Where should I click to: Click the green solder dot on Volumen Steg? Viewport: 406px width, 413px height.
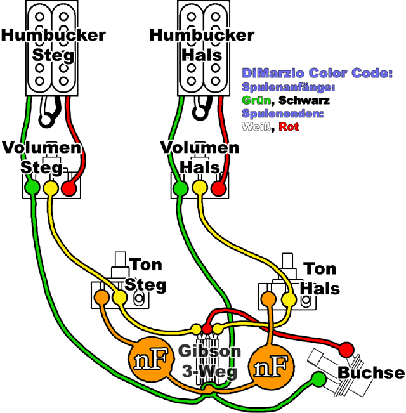click(30, 188)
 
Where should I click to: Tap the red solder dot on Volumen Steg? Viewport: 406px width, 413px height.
click(69, 188)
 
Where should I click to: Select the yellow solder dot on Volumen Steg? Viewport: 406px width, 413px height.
click(49, 188)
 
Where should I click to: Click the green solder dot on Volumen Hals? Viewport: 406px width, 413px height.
click(180, 188)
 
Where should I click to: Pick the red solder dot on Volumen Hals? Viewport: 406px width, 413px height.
click(219, 188)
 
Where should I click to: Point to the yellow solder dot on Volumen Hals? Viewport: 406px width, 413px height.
click(199, 188)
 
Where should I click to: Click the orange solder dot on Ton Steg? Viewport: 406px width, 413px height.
click(101, 296)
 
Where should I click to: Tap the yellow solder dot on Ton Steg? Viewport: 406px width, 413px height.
click(119, 296)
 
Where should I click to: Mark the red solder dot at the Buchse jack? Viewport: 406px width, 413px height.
click(346, 349)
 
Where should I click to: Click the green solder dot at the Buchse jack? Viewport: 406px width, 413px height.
click(318, 379)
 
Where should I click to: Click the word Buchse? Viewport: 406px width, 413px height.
click(371, 372)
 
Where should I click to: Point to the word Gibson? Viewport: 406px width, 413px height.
click(209, 351)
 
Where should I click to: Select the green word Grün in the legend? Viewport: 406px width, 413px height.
click(256, 100)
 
